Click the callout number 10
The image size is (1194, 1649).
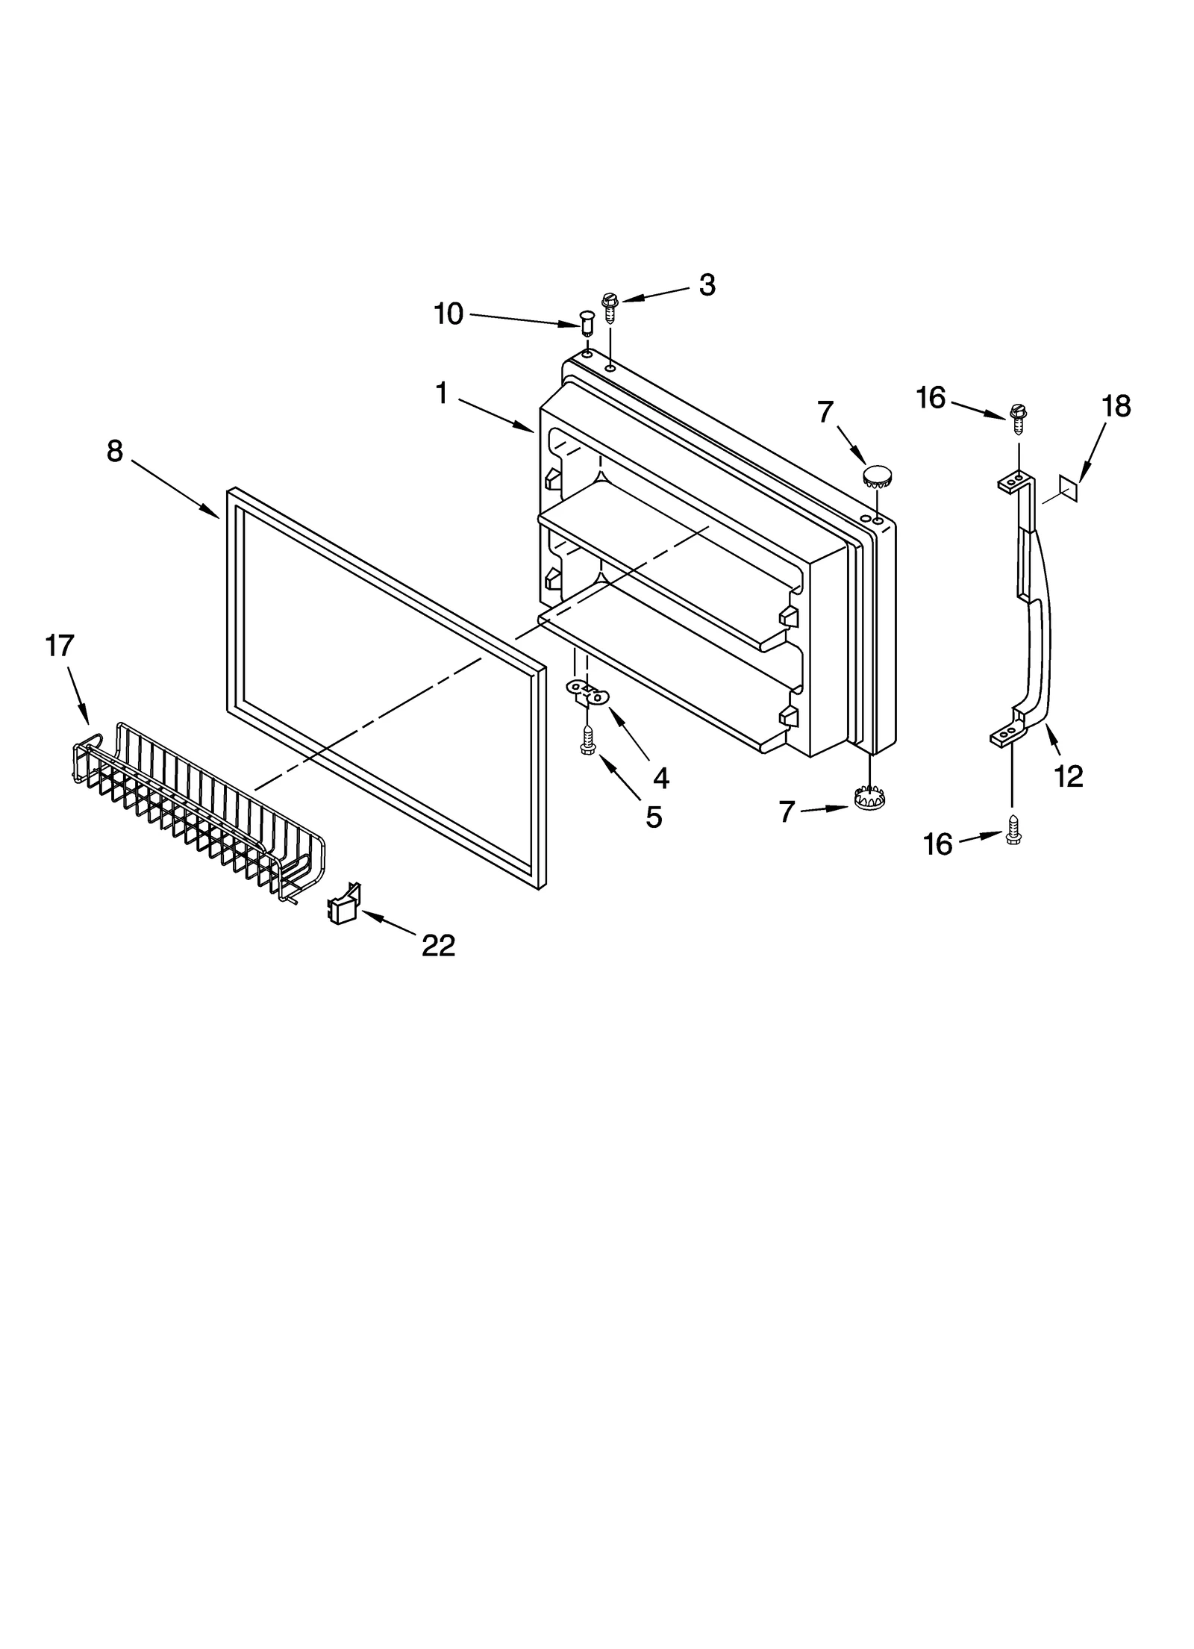coord(448,314)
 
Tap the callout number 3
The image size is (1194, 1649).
coord(707,285)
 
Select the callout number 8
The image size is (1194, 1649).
coord(114,451)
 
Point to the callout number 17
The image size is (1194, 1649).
coord(60,645)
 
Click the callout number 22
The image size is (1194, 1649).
coord(438,947)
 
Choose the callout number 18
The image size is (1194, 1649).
coord(1116,407)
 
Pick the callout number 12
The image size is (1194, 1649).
coord(1068,776)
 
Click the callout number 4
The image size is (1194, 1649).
coord(660,779)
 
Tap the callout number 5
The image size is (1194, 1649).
coord(653,817)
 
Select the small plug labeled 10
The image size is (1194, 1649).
coord(587,325)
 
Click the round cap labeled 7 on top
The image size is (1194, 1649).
coord(878,475)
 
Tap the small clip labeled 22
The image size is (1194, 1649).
coord(344,905)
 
